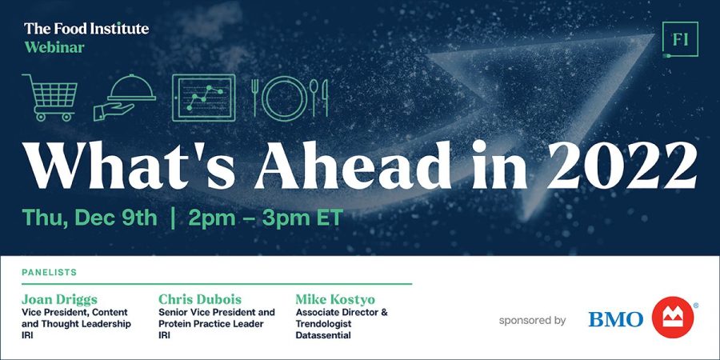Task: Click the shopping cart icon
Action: (50, 98)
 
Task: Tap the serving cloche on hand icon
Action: (125, 98)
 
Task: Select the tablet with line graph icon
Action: (203, 98)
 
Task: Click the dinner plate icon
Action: (285, 98)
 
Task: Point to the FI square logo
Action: (681, 39)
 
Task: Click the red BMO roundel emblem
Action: (673, 318)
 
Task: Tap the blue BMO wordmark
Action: (616, 319)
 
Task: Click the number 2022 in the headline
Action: (622, 166)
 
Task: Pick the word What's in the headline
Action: (130, 166)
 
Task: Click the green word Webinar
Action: (54, 47)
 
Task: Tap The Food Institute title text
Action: (86, 29)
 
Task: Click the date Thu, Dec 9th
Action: (89, 218)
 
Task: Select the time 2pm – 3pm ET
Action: (266, 218)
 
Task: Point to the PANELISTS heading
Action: (49, 272)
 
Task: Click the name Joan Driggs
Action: (59, 300)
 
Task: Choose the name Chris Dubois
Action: (200, 300)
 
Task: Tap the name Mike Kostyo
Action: (335, 300)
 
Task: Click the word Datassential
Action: (323, 336)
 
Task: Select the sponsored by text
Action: (532, 321)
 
